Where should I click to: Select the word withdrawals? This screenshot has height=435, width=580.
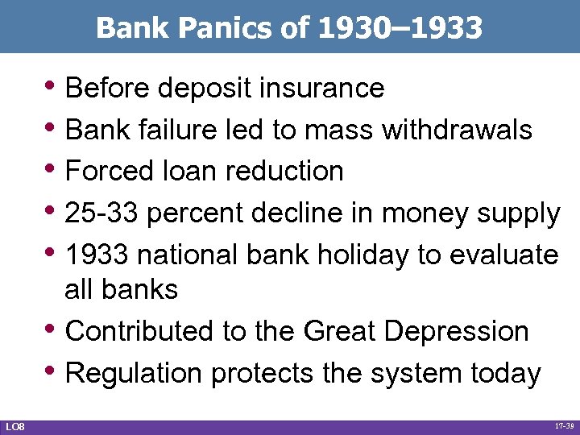pos(454,129)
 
